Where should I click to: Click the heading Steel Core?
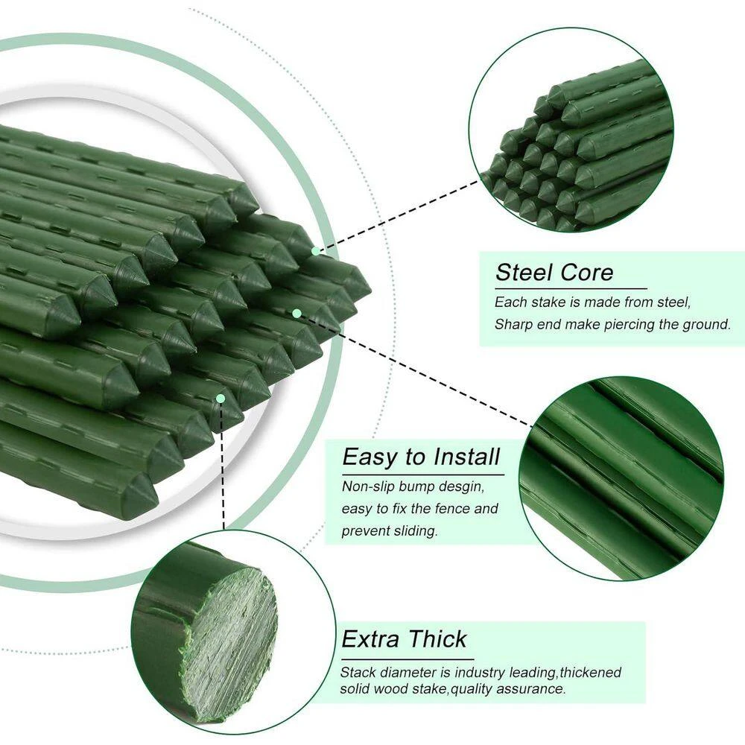(x=554, y=273)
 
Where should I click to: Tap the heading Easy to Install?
(x=421, y=457)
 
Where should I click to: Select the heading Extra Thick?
(x=404, y=639)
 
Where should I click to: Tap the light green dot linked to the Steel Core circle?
(x=315, y=251)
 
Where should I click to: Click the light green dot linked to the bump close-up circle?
(x=297, y=313)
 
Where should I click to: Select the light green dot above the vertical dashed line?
(x=221, y=398)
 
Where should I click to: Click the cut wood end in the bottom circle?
(x=229, y=641)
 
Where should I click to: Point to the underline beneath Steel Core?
(x=571, y=288)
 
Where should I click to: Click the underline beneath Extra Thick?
(x=408, y=659)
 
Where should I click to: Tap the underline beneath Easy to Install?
(x=423, y=475)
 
